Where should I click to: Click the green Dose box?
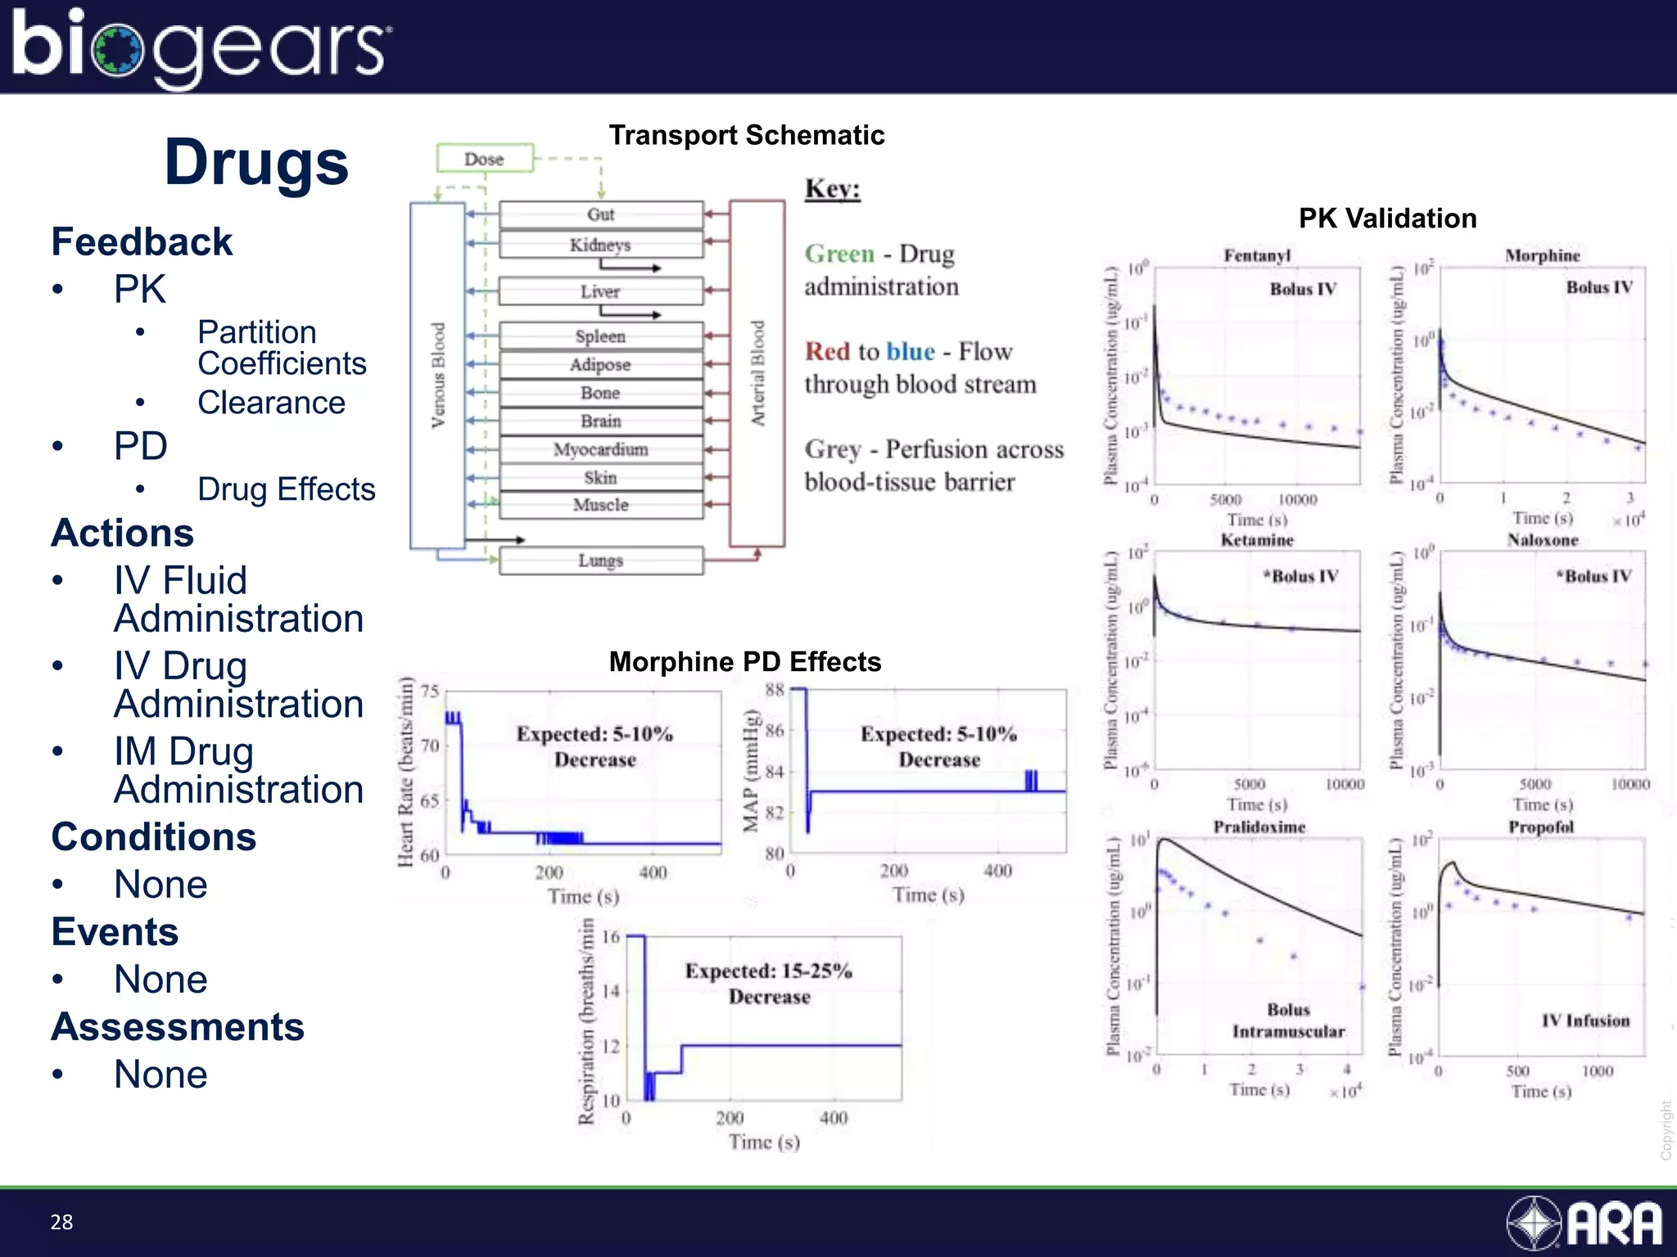484,159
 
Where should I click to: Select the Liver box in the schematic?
600,291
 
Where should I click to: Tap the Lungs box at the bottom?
600,561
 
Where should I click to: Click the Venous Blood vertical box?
437,375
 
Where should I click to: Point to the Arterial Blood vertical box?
757,373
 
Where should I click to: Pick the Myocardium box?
600,449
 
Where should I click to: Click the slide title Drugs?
256,162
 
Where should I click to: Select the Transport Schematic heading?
746,135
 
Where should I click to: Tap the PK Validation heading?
1387,219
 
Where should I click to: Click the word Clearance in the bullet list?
271,403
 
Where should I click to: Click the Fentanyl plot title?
1256,255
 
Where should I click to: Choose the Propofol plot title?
1540,827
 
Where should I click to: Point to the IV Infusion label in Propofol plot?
1584,1020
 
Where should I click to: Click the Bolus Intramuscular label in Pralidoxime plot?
1288,1020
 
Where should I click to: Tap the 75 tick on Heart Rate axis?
430,692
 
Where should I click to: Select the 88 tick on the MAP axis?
775,690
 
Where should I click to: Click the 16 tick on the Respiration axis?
611,937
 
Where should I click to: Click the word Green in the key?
839,254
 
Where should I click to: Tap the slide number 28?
61,1222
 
